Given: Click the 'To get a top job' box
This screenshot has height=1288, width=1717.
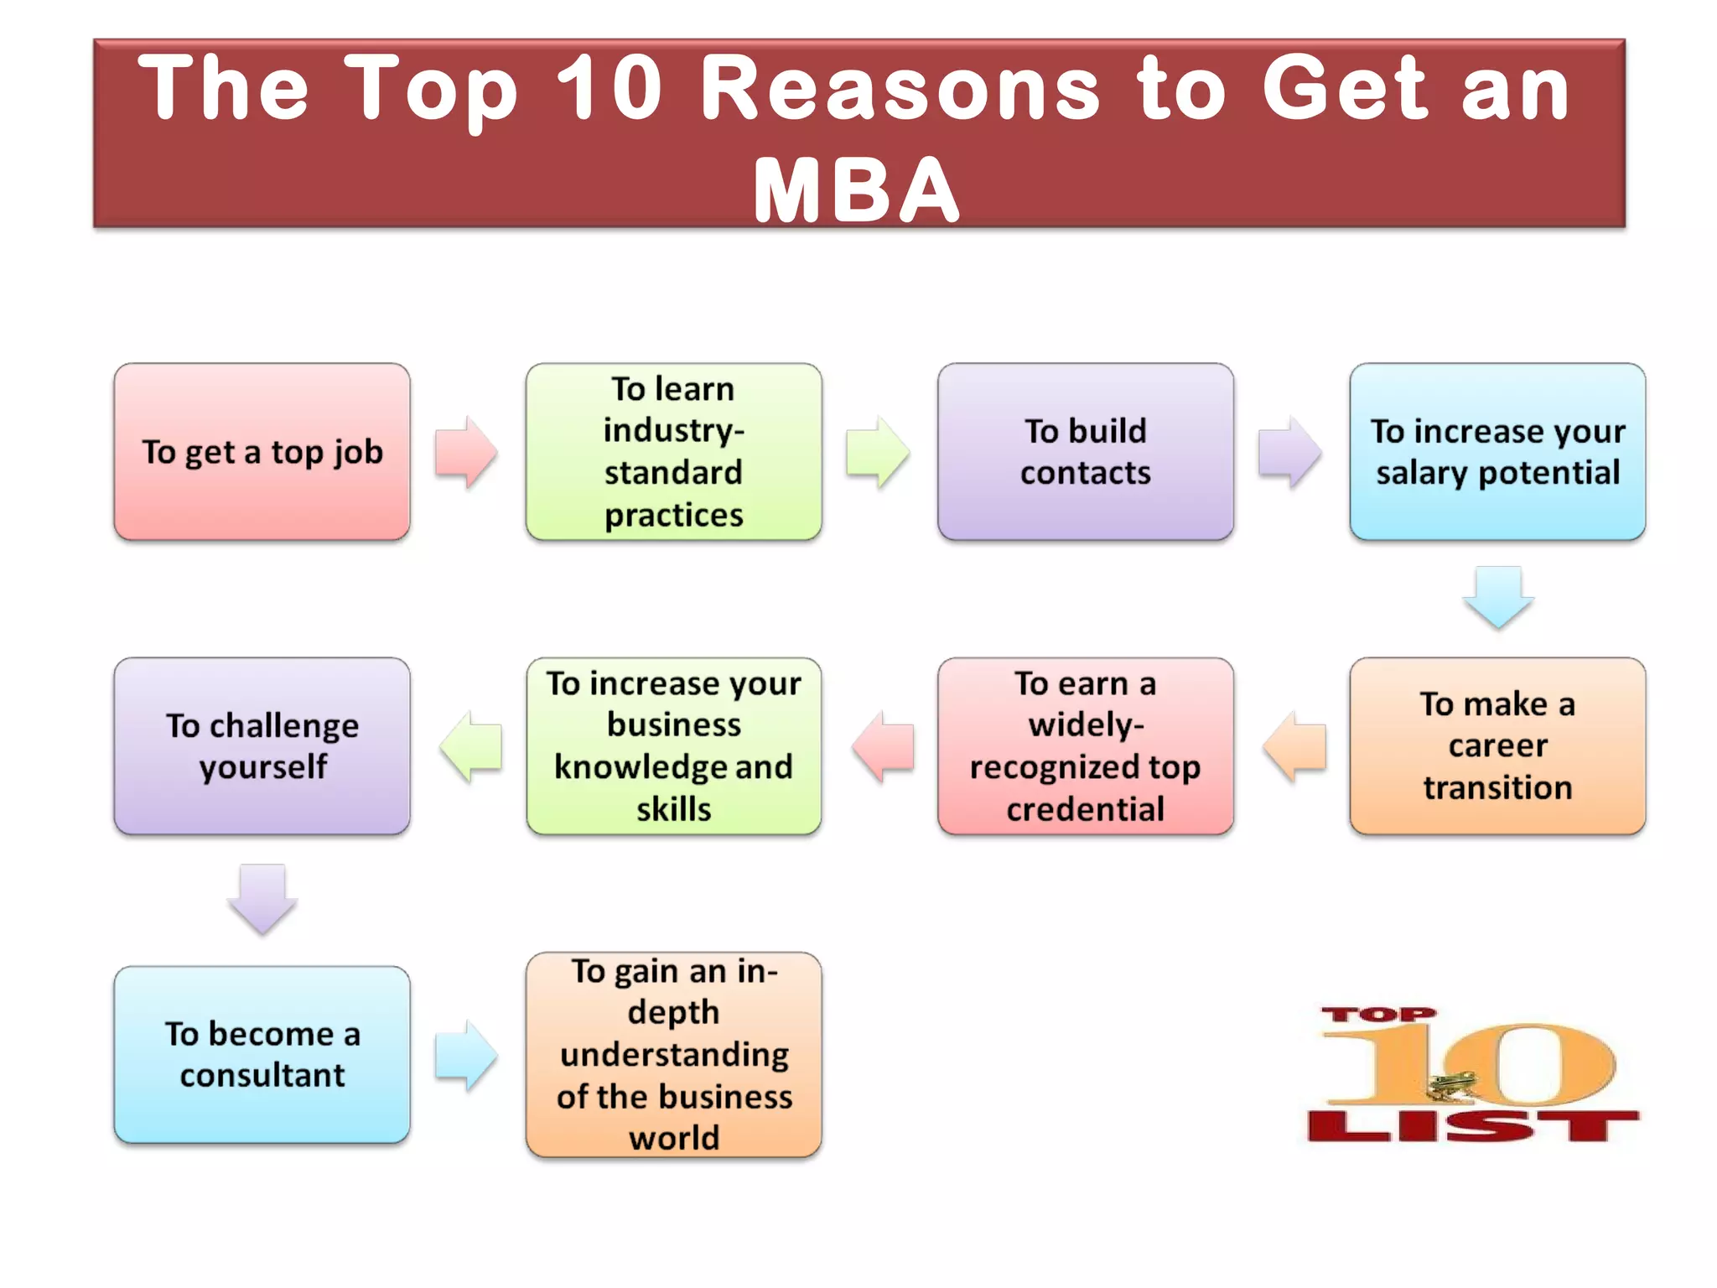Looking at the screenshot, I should (262, 452).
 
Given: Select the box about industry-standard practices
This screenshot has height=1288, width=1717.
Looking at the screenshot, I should (673, 452).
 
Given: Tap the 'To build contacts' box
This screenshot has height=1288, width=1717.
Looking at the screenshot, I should (1085, 452).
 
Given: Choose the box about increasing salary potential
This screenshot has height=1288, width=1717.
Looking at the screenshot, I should (1497, 452).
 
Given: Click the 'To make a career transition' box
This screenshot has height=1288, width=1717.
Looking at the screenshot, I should (1497, 745).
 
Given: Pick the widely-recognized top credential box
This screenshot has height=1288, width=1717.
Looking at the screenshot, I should (1085, 745).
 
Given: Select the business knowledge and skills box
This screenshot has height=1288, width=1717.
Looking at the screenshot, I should (673, 745).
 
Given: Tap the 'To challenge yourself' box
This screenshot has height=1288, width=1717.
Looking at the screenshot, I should (262, 745).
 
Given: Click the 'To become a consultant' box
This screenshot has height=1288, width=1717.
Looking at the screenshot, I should (262, 1054).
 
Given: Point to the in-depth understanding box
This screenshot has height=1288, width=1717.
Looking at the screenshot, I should (673, 1054).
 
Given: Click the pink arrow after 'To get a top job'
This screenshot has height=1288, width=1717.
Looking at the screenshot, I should (466, 452).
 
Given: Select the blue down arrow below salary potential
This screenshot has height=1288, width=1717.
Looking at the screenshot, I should (1498, 596).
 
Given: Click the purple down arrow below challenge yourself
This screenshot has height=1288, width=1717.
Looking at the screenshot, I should (262, 898).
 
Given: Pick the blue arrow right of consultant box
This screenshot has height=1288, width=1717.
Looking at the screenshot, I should (466, 1055).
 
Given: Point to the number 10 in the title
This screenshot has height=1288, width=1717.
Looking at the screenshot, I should (610, 87).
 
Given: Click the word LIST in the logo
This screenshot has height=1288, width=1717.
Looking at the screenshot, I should (1472, 1126).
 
